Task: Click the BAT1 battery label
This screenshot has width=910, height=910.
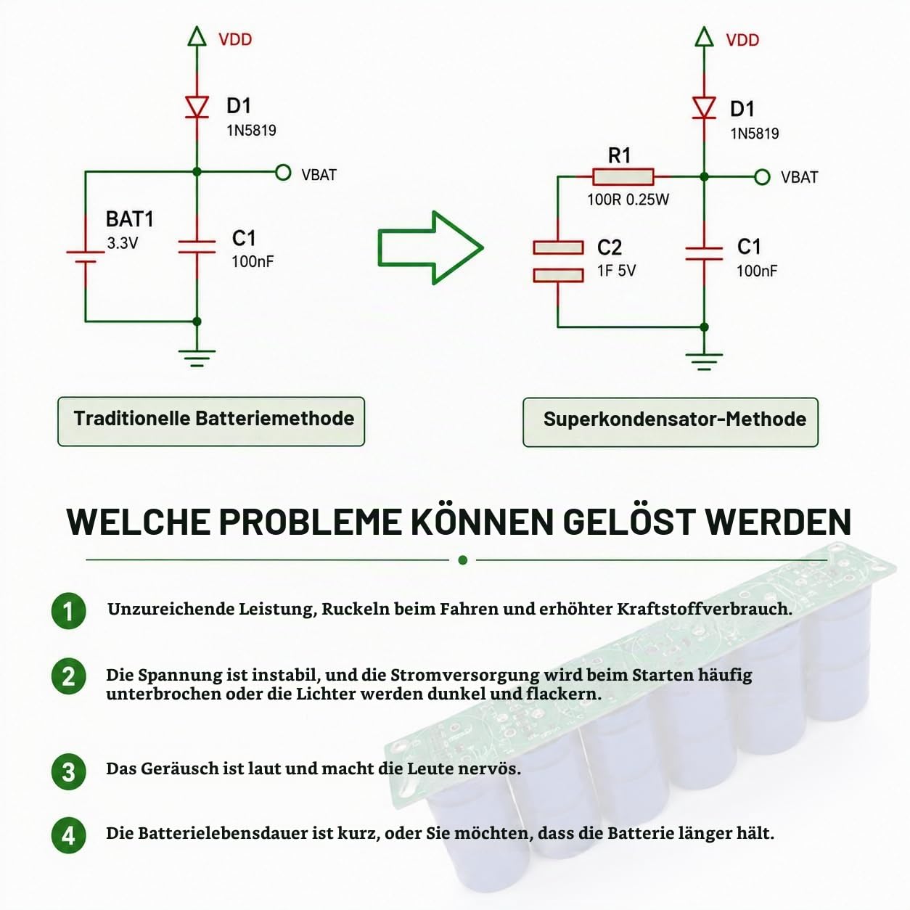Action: click(129, 219)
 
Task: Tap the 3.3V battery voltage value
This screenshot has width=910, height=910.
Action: click(123, 243)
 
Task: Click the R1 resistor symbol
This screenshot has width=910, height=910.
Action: click(623, 176)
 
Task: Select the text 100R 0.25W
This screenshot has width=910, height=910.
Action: click(628, 200)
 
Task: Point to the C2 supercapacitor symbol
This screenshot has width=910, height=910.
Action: click(558, 261)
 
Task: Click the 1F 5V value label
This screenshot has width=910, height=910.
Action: click(616, 271)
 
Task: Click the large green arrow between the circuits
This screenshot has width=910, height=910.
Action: click(430, 247)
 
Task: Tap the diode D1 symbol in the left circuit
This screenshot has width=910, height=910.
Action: click(197, 107)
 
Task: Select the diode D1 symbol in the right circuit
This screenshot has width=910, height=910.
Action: click(704, 107)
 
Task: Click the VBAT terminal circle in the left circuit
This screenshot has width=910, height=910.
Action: click(283, 173)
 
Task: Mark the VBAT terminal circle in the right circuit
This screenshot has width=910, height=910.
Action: click(762, 177)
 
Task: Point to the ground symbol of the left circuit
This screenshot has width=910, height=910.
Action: click(197, 358)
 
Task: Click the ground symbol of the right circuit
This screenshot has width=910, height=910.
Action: click(704, 361)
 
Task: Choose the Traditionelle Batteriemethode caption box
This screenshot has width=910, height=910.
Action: click(211, 421)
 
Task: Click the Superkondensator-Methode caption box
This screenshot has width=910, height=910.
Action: click(671, 422)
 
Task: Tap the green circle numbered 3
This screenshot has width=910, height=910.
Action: click(68, 772)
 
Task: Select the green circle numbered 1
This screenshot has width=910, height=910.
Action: click(68, 611)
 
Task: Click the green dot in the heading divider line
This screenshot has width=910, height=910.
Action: click(463, 560)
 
